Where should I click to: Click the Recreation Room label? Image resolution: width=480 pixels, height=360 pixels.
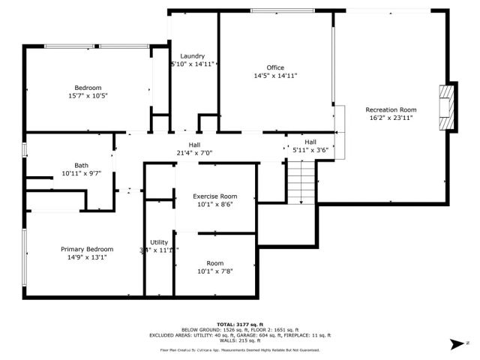click(x=390, y=112)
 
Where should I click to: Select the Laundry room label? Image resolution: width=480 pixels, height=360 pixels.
click(x=193, y=60)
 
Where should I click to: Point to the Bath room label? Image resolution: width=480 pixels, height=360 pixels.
click(x=81, y=169)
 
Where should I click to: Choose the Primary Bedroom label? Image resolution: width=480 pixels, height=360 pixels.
click(x=88, y=253)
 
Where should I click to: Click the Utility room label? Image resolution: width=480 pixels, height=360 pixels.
click(x=158, y=246)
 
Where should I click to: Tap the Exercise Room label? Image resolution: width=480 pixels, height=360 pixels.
click(x=215, y=200)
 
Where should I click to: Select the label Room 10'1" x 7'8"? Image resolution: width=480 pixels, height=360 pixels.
click(x=215, y=266)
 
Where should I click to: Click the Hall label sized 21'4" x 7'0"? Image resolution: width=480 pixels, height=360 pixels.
click(x=194, y=149)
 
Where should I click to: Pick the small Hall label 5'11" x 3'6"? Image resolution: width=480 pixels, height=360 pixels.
click(x=310, y=145)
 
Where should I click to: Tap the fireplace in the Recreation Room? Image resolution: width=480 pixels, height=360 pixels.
click(x=446, y=104)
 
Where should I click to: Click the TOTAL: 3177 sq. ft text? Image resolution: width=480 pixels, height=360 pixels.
click(x=239, y=323)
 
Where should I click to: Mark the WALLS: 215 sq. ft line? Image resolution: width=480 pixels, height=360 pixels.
click(x=239, y=341)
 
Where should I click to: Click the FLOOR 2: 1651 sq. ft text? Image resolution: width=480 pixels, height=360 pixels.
click(x=274, y=329)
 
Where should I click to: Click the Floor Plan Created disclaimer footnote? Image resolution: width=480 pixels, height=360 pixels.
click(x=239, y=350)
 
